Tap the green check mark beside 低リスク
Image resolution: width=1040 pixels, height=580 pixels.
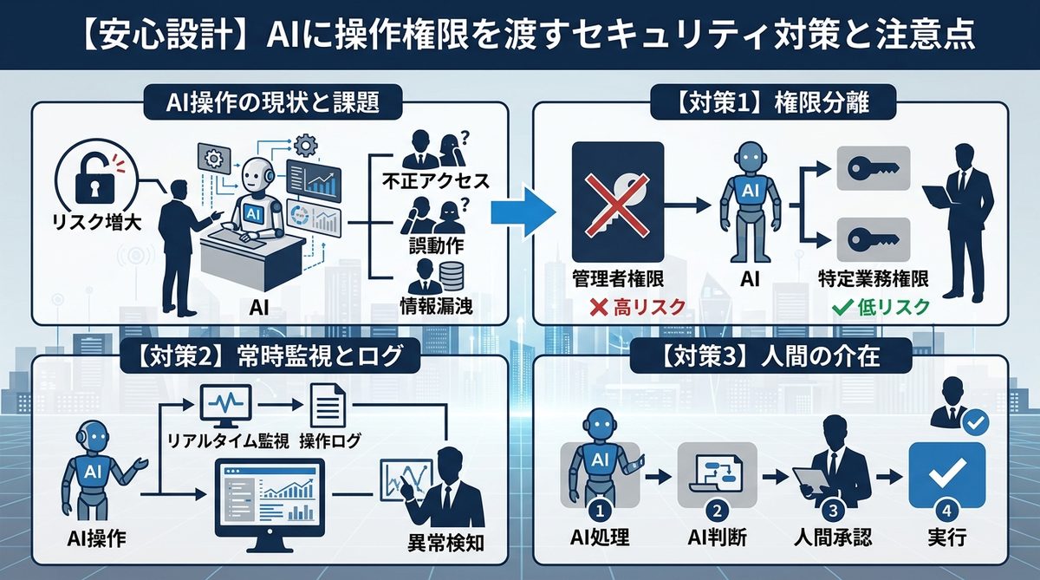coord(841,306)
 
